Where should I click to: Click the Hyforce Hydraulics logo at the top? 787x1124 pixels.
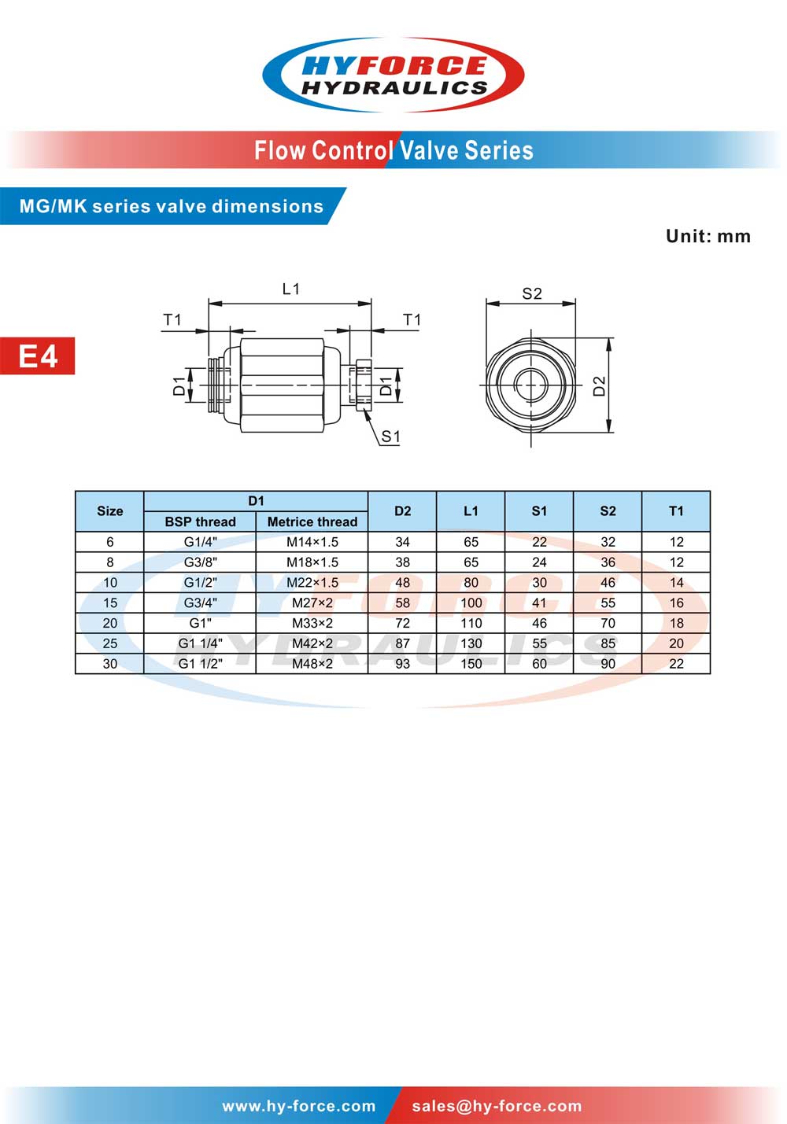pyautogui.click(x=393, y=76)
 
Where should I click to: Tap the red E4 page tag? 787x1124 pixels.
pyautogui.click(x=38, y=356)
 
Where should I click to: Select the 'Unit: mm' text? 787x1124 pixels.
pyautogui.click(x=708, y=236)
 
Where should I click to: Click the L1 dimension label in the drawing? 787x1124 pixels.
pyautogui.click(x=291, y=289)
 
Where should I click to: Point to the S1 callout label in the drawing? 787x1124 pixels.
pyautogui.click(x=390, y=437)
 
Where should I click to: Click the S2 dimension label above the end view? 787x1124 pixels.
pyautogui.click(x=532, y=293)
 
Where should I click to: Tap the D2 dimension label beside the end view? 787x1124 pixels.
pyautogui.click(x=600, y=385)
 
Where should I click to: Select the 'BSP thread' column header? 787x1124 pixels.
pyautogui.click(x=200, y=521)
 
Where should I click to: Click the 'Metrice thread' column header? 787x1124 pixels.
pyautogui.click(x=312, y=521)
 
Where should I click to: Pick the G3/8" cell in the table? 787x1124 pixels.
pyautogui.click(x=200, y=562)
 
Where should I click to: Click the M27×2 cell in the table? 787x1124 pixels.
pyautogui.click(x=312, y=603)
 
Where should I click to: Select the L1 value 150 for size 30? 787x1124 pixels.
pyautogui.click(x=471, y=664)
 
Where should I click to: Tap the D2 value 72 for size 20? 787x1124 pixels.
pyautogui.click(x=402, y=623)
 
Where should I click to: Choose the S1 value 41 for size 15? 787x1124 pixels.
pyautogui.click(x=539, y=603)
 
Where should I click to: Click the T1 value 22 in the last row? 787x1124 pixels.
pyautogui.click(x=676, y=664)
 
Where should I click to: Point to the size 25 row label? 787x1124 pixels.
pyautogui.click(x=110, y=643)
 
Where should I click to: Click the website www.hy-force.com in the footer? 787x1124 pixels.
pyautogui.click(x=299, y=1106)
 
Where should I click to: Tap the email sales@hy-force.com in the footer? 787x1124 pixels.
pyautogui.click(x=497, y=1106)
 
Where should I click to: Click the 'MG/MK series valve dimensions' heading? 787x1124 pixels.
pyautogui.click(x=172, y=206)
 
